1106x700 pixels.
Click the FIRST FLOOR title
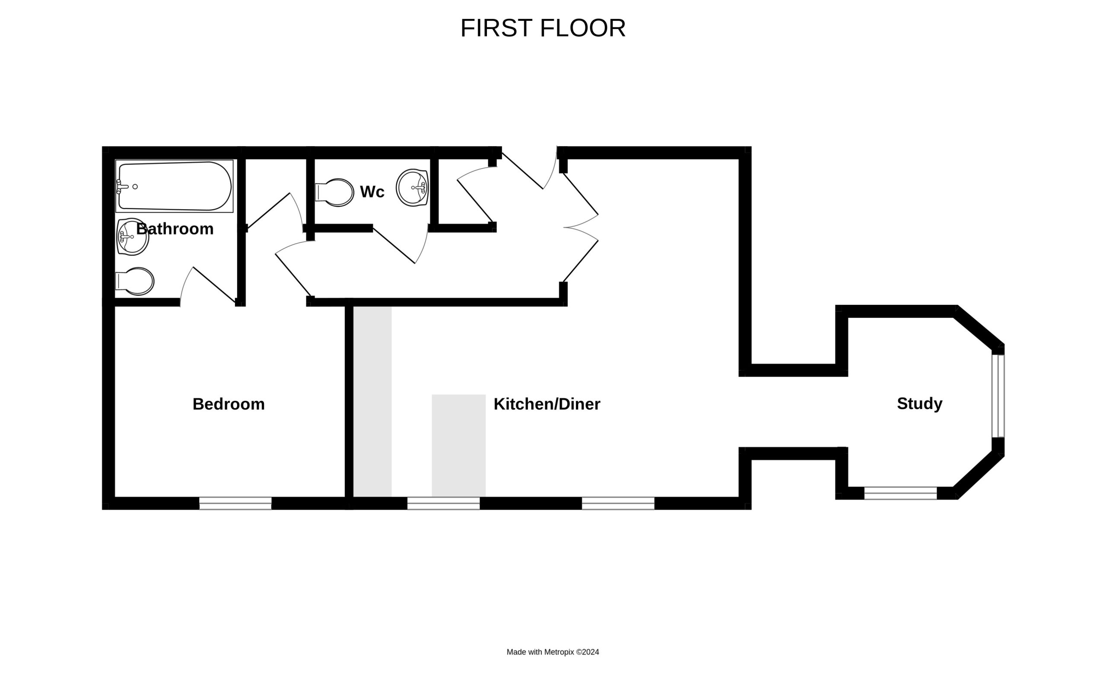pyautogui.click(x=543, y=28)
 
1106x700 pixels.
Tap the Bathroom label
pyautogui.click(x=175, y=229)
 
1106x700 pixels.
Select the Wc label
pyautogui.click(x=372, y=192)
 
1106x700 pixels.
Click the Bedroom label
pyautogui.click(x=229, y=404)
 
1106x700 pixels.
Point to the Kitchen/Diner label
pyautogui.click(x=547, y=404)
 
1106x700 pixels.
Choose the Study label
pyautogui.click(x=919, y=403)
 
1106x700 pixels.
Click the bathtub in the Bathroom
pyautogui.click(x=175, y=186)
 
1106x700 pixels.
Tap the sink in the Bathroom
pyautogui.click(x=133, y=237)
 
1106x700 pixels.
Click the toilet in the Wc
pyautogui.click(x=334, y=192)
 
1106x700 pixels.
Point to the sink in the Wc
pyautogui.click(x=413, y=188)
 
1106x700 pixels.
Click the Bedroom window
pyautogui.click(x=235, y=503)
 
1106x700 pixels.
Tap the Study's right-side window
pyautogui.click(x=998, y=396)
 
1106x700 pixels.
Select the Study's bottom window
pyautogui.click(x=901, y=493)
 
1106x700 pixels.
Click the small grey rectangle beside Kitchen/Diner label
pyautogui.click(x=459, y=446)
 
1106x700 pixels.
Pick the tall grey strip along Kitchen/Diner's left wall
pyautogui.click(x=372, y=402)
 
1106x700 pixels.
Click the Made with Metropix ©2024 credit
pyautogui.click(x=553, y=652)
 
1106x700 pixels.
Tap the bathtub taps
pyautogui.click(x=122, y=187)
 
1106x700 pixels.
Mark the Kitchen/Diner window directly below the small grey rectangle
pyautogui.click(x=444, y=503)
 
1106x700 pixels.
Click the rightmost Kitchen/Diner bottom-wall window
pyautogui.click(x=618, y=503)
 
